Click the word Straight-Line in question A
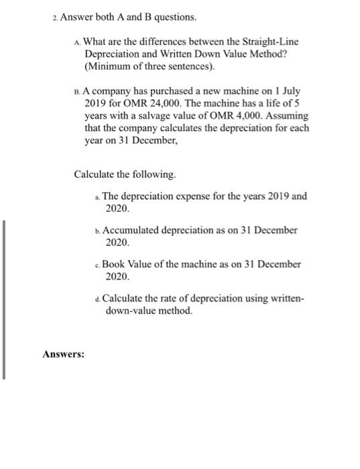click(x=272, y=42)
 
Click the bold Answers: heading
click(x=64, y=354)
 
